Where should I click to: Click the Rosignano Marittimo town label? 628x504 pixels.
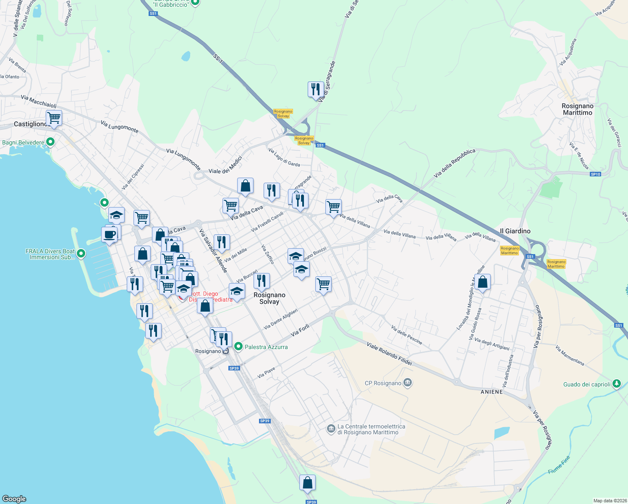(577, 109)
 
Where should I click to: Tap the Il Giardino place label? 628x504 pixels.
(515, 231)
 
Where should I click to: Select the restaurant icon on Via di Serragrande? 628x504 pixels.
(316, 89)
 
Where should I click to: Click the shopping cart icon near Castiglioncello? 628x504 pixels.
(54, 118)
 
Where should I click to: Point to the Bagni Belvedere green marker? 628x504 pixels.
(50, 142)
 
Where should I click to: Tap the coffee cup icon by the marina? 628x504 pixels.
(109, 235)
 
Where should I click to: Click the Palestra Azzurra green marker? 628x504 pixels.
(238, 346)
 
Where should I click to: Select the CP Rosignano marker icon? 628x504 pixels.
(407, 383)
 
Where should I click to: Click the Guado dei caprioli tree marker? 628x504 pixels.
(616, 384)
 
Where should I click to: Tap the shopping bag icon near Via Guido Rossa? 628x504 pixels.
(483, 282)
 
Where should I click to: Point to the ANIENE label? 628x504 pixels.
(492, 392)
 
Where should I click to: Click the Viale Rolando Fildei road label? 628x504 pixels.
(389, 354)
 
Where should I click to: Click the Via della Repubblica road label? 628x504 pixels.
(455, 163)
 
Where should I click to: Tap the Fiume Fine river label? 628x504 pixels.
(559, 465)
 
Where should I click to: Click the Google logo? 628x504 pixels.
(14, 499)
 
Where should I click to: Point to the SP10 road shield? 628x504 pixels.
(595, 174)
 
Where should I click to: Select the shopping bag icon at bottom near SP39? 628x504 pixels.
(307, 483)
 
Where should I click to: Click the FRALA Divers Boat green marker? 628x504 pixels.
(81, 254)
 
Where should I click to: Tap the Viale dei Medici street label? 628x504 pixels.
(225, 166)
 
